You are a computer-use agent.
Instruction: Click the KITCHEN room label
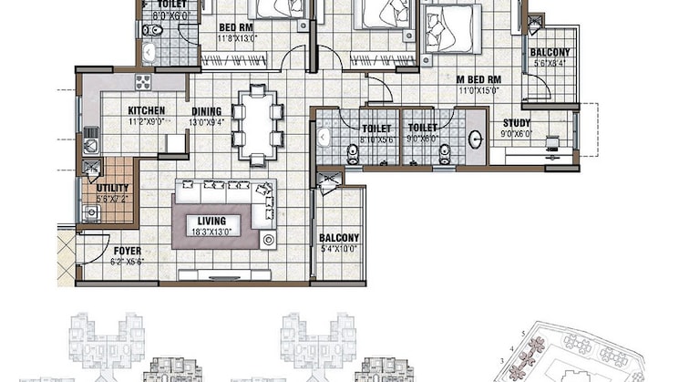coord(146,110)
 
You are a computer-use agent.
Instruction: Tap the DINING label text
coord(207,112)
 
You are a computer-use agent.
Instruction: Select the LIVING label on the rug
coord(211,220)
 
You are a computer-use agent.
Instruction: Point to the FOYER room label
coord(128,251)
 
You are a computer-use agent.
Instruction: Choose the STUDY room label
coord(516,123)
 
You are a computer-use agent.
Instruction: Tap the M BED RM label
coord(479,79)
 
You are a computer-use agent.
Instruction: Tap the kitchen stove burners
coord(143,82)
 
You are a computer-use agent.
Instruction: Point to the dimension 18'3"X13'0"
coord(211,232)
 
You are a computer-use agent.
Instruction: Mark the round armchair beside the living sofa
coord(269,240)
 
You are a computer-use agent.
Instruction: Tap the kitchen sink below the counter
coord(90,144)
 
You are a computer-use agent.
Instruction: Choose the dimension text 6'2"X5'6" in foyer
coord(128,261)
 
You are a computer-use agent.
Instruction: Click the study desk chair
coord(552,143)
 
